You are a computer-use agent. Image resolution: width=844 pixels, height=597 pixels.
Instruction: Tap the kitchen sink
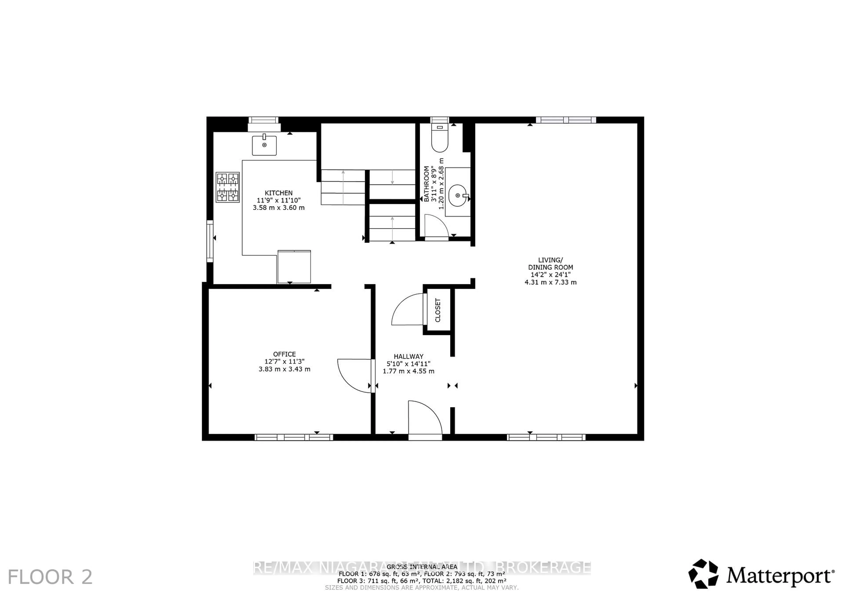click(264, 146)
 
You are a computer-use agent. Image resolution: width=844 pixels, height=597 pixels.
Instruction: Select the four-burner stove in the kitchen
click(227, 187)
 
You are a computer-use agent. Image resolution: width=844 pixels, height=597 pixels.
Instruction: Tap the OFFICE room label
click(284, 354)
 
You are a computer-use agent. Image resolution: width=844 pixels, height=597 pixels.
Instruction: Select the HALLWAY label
click(408, 356)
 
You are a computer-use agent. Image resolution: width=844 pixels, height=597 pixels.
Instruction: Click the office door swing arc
click(352, 376)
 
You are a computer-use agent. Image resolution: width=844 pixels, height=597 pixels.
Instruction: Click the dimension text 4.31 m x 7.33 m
click(550, 282)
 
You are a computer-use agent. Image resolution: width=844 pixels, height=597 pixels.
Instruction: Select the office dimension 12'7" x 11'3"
click(284, 361)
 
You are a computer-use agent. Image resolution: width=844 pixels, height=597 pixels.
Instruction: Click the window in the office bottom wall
click(294, 437)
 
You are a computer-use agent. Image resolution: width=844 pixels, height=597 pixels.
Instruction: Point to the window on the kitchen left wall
click(209, 241)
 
